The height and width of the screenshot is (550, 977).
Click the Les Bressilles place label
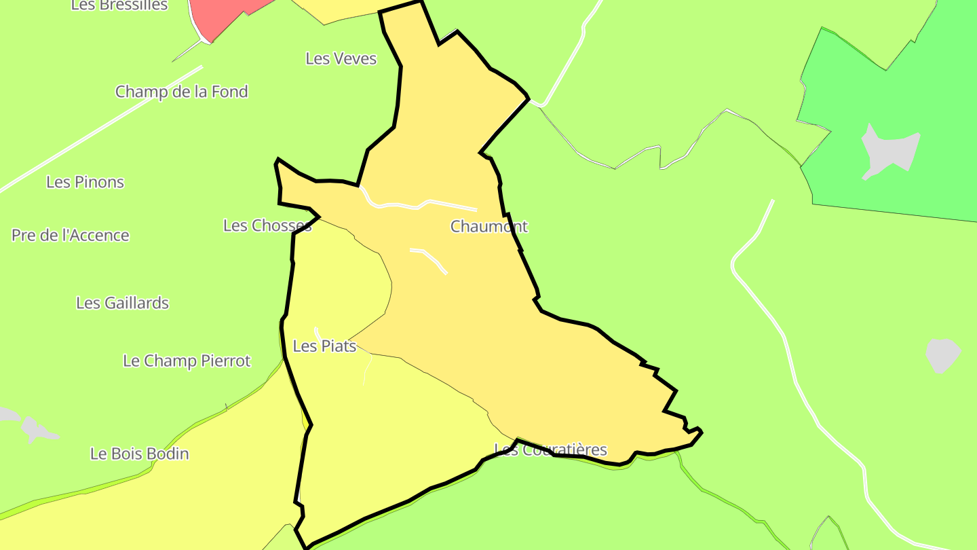(119, 5)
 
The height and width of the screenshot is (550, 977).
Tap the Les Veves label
(341, 59)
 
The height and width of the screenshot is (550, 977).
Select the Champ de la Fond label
(181, 92)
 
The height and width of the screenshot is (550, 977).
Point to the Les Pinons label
(85, 182)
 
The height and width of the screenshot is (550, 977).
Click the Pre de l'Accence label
(70, 236)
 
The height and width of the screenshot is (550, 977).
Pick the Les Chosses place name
(267, 225)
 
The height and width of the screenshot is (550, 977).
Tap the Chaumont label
(488, 226)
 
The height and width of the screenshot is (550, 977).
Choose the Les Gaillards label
(122, 303)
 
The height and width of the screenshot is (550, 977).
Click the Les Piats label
(324, 346)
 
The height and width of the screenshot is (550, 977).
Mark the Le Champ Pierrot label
(187, 361)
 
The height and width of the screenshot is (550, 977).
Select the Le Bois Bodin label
(139, 454)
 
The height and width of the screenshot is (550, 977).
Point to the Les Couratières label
(550, 450)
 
